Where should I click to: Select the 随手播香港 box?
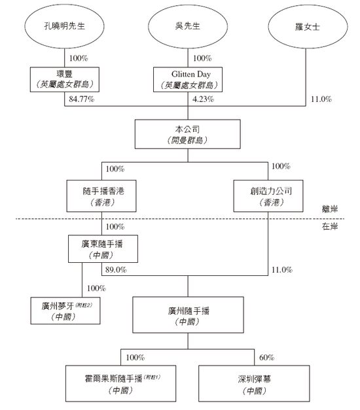[x=100, y=196]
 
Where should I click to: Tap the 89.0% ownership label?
[x=117, y=269]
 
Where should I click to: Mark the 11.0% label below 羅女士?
[x=322, y=99]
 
